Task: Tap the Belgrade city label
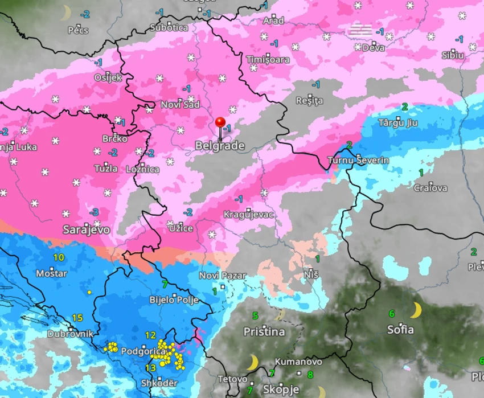pos(220,146)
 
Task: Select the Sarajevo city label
pos(87,230)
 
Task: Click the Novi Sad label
pos(181,105)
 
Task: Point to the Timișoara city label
pos(268,60)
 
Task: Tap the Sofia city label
pos(400,330)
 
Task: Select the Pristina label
pos(264,331)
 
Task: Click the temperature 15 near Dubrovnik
pos(77,318)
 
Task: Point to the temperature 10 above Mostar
pos(59,257)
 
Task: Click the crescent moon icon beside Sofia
pos(416,310)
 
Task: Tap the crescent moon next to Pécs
pos(67,13)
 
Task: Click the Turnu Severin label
pos(358,161)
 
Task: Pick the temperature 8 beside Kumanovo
pos(310,375)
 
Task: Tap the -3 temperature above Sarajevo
pos(94,212)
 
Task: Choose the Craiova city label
pos(430,188)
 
